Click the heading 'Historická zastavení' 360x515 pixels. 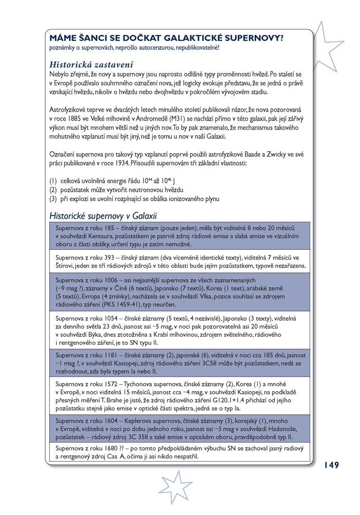(91, 65)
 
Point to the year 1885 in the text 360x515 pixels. (76, 119)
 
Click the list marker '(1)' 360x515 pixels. (53, 181)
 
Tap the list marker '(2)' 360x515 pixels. (53, 190)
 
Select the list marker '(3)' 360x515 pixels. (53, 198)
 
